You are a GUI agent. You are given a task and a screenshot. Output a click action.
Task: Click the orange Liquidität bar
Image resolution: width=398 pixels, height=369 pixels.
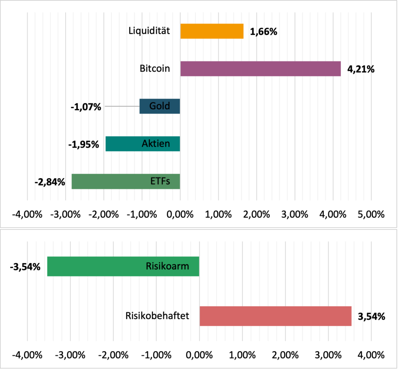[212, 31]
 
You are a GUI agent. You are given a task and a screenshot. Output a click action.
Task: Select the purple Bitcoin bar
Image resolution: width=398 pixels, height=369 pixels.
[260, 69]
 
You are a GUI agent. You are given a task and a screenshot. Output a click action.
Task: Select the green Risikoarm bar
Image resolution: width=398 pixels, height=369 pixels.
[97, 267]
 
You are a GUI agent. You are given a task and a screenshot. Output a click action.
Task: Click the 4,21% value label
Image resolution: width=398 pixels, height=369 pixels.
[361, 70]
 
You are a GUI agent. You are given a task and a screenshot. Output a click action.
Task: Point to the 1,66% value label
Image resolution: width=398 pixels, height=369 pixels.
[263, 32]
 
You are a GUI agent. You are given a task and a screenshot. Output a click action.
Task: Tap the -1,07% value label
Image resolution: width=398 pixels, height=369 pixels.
[86, 107]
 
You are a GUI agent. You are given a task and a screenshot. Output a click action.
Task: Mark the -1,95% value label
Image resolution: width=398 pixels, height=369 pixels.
[83, 145]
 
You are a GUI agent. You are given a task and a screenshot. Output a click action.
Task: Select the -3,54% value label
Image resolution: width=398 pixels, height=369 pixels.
[25, 267]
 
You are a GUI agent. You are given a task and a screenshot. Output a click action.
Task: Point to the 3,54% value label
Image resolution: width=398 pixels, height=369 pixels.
[371, 316]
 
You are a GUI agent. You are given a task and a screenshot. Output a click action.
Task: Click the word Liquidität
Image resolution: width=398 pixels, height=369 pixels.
[149, 30]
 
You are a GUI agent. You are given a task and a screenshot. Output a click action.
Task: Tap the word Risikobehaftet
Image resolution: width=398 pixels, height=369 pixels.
[157, 315]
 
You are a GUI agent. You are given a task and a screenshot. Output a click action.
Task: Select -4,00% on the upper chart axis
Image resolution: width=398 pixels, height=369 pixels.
[27, 214]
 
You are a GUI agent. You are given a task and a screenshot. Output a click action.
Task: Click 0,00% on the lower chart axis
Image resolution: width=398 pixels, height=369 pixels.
[199, 355]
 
